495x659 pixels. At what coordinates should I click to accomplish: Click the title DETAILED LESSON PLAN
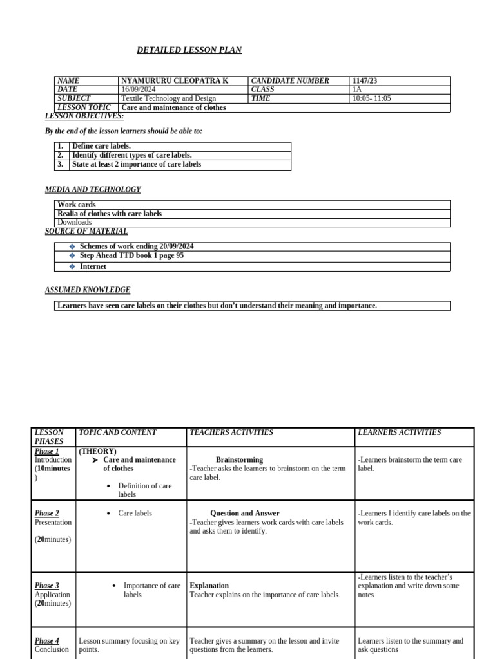click(189, 50)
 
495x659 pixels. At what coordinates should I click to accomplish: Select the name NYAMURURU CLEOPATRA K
click(174, 80)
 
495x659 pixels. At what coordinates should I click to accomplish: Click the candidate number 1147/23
click(365, 80)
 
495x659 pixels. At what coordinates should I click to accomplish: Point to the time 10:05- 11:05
click(371, 98)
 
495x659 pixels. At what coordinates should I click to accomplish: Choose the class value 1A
click(357, 89)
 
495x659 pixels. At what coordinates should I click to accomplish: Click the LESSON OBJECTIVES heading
click(84, 116)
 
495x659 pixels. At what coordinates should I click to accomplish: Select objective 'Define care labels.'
click(101, 146)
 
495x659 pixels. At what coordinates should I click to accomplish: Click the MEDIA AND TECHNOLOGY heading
click(93, 190)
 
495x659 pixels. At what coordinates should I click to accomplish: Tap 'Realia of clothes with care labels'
click(110, 214)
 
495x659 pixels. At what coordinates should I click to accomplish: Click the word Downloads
click(74, 222)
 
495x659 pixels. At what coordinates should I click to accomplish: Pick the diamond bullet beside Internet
click(72, 266)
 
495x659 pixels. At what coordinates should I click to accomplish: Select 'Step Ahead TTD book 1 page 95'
click(131, 255)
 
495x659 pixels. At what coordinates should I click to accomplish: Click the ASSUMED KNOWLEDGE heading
click(88, 290)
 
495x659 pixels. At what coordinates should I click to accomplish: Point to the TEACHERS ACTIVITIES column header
click(231, 432)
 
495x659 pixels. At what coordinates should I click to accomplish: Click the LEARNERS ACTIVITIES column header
click(399, 432)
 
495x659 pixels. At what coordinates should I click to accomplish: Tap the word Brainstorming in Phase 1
click(239, 460)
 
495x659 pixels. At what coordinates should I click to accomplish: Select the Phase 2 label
click(46, 513)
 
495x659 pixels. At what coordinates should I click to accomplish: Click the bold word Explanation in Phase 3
click(209, 586)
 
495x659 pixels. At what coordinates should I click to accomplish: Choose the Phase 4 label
click(46, 641)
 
